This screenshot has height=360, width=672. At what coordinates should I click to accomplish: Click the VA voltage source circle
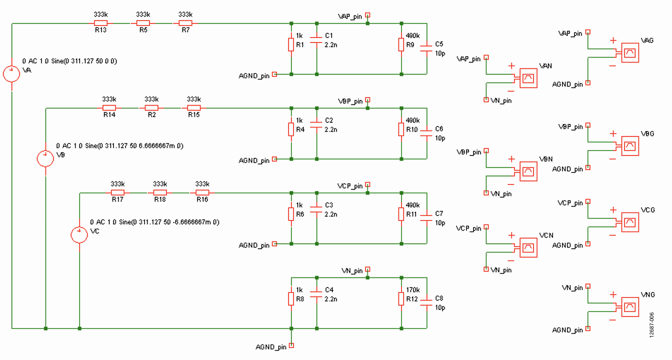tap(11, 74)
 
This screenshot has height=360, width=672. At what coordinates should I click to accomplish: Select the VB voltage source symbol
tap(45, 158)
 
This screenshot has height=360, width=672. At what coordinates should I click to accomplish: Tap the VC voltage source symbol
tap(79, 234)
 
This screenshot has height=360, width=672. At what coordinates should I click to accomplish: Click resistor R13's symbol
tap(100, 23)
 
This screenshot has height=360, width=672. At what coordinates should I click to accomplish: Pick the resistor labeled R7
tap(185, 23)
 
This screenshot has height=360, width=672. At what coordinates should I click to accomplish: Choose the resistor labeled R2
tap(151, 107)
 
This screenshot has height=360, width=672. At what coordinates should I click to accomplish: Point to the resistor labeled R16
tap(202, 192)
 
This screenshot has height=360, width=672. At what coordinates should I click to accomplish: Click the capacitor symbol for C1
tap(316, 40)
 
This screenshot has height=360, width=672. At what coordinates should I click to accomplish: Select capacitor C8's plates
tap(426, 302)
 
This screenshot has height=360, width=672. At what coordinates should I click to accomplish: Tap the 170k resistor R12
tap(401, 299)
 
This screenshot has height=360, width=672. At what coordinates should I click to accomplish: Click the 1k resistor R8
tap(291, 299)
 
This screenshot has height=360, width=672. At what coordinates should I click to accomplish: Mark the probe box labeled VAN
tap(528, 78)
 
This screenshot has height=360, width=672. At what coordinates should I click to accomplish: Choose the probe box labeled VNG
tap(629, 307)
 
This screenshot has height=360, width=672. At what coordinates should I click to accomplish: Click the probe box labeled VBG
tap(629, 146)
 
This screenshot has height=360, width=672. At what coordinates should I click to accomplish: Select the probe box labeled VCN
tap(528, 247)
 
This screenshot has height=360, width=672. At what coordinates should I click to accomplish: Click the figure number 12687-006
tap(651, 325)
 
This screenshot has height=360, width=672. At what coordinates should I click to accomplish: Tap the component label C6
tap(439, 128)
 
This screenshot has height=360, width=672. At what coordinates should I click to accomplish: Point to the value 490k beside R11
tap(413, 205)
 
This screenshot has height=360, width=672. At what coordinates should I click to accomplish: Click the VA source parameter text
tap(69, 61)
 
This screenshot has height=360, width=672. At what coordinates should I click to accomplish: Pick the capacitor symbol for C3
tap(316, 209)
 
